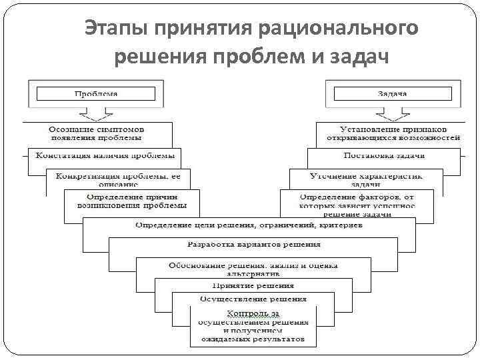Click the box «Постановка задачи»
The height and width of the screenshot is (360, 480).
(384, 155)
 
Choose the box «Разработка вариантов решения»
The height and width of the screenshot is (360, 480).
(253, 245)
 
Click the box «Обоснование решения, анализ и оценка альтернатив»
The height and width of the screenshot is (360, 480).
(253, 268)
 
